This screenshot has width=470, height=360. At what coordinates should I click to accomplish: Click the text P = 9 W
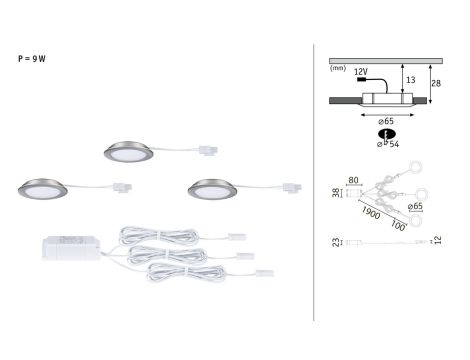point(33,59)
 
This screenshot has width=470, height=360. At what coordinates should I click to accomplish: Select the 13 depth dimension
point(412,79)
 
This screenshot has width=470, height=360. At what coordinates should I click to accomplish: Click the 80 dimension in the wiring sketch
point(353,181)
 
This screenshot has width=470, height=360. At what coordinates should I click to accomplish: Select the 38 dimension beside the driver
point(335,193)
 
